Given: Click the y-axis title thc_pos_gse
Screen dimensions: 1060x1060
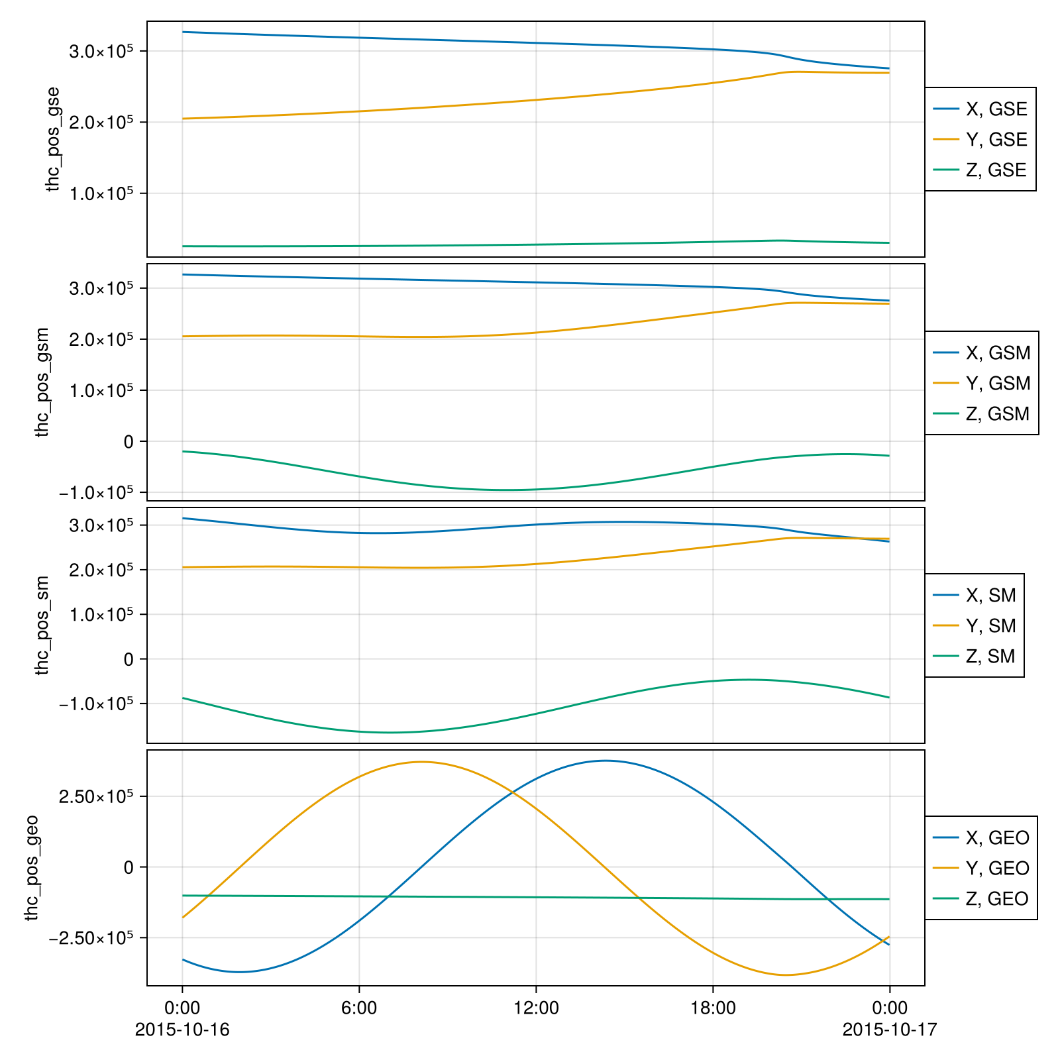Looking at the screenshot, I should (53, 139).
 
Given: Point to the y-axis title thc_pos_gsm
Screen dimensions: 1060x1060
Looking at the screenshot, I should (43, 382).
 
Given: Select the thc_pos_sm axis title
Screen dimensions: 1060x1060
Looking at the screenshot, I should (43, 625).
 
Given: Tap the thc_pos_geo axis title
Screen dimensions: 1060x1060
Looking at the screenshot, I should (32, 868).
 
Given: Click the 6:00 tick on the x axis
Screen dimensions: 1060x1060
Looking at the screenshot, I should (358, 1008).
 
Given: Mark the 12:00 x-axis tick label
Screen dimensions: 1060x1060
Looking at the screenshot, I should (536, 1008).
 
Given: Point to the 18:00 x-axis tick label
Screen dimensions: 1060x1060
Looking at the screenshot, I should (713, 1008).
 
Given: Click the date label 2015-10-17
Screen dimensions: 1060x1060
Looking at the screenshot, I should (890, 1030).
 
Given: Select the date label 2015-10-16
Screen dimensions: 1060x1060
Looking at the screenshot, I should (182, 1030).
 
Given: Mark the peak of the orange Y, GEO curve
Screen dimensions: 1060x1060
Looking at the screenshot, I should (422, 762).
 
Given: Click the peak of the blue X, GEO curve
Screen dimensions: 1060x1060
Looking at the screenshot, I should (605, 761).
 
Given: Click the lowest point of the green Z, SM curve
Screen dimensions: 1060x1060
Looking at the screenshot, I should (390, 732).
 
